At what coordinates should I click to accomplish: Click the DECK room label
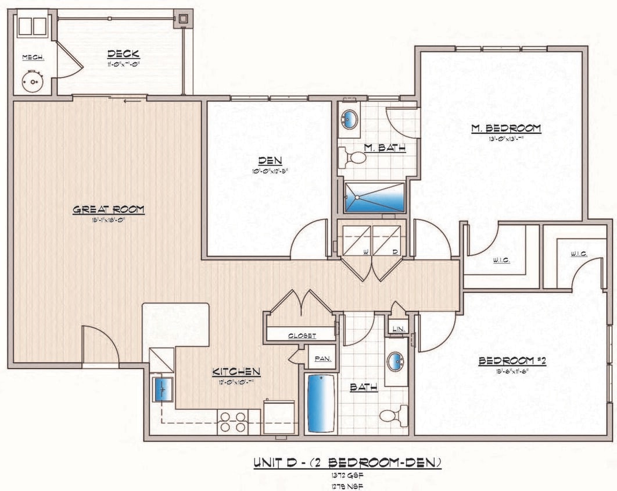tap(124, 54)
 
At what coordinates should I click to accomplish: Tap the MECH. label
tap(32, 57)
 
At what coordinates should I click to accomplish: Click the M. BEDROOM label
tap(505, 128)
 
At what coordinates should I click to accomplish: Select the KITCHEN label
tap(236, 371)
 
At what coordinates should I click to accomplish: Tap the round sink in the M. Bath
tap(349, 119)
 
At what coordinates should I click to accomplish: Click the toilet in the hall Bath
tap(393, 415)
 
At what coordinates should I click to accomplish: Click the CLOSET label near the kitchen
tap(302, 336)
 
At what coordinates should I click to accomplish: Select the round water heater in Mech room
tap(33, 82)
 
